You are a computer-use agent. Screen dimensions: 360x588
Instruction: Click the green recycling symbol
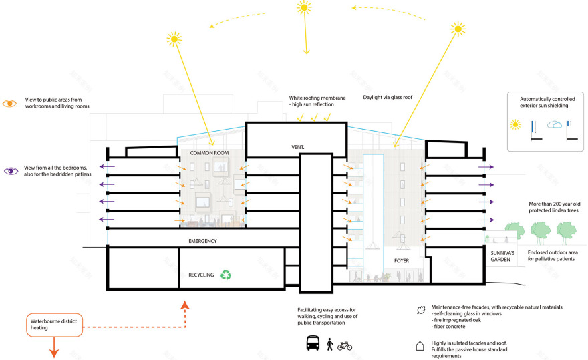coord(227,274)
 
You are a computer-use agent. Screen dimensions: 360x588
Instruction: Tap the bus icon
coord(312,343)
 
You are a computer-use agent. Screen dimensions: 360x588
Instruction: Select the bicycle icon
coord(345,345)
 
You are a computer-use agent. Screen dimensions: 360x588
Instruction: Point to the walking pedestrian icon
coord(329,344)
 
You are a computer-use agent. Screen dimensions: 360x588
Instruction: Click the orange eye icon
coord(10,103)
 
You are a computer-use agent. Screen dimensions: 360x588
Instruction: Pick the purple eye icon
coord(10,171)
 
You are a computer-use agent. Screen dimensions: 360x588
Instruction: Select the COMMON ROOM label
coord(209,153)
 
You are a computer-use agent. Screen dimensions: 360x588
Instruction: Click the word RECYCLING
coord(201,275)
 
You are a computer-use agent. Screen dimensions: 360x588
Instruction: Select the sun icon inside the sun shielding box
coord(516,124)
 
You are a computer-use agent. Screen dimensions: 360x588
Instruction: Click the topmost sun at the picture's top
coord(304,7)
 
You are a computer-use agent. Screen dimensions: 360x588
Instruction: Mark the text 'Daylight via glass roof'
coord(388,97)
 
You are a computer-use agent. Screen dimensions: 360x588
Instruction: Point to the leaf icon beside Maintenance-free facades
coord(420,310)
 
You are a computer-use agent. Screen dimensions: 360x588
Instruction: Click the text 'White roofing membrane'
coord(317,98)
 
